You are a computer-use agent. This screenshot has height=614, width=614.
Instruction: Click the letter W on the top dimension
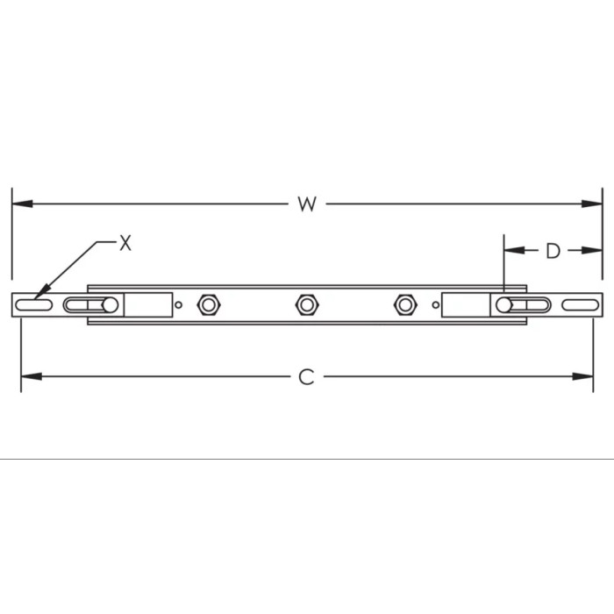305,204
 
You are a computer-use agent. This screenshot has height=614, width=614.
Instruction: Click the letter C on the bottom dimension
305,377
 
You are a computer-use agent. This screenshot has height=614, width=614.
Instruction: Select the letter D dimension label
552,251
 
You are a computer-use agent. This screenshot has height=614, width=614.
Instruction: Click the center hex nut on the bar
305,305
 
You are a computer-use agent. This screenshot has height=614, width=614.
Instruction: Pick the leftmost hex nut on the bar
208,305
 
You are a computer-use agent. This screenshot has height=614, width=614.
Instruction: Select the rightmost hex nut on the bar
403,305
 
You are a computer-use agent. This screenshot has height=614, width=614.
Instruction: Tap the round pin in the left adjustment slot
110,305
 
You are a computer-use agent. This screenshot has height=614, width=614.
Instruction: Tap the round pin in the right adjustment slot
504,305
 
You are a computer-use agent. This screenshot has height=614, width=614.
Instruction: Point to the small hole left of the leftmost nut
179,305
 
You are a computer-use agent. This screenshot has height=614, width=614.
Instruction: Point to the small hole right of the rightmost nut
434,305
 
